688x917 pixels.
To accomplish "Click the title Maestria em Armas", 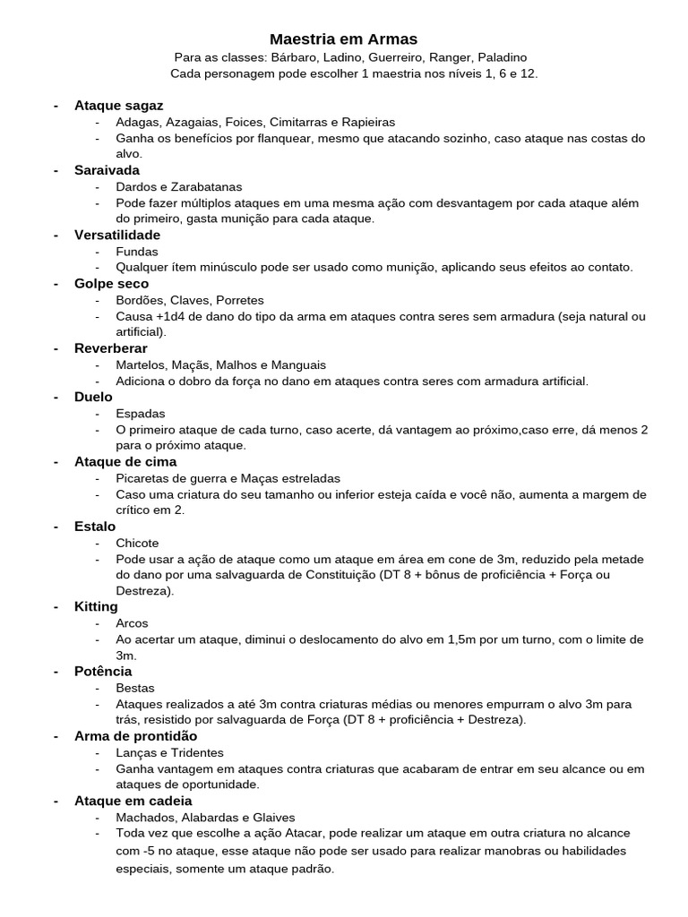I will [343, 39].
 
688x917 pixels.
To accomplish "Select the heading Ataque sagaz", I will [118, 106].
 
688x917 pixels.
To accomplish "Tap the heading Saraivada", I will [107, 170].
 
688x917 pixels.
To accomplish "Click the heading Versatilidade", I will [117, 235].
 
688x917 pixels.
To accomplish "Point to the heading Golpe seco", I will [112, 283].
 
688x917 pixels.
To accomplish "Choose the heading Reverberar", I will [111, 348].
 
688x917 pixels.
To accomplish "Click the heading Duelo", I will [93, 397].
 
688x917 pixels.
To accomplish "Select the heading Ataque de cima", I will [125, 461].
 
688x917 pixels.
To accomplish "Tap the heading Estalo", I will [95, 527].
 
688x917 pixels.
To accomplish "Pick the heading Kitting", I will [96, 607].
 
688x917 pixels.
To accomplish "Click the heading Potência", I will [103, 672].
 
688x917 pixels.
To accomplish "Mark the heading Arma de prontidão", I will [135, 736].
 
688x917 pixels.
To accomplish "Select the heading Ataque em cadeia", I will [133, 801].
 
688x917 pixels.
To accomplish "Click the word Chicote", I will [137, 543].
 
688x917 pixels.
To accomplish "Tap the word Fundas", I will [136, 252].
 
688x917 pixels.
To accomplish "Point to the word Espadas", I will [140, 413].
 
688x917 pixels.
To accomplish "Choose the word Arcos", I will [132, 623].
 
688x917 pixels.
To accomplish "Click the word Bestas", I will [134, 688].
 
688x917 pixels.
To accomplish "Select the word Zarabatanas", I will [202, 187].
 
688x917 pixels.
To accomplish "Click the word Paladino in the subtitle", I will [499, 57].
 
